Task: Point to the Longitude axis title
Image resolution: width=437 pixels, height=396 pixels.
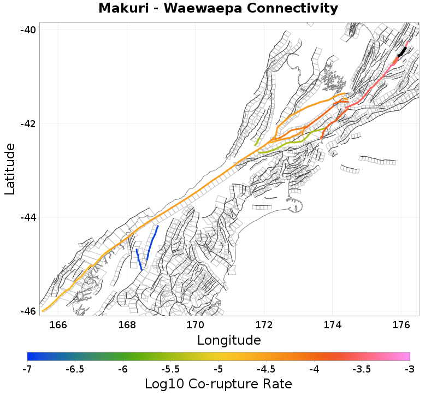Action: coord(229,340)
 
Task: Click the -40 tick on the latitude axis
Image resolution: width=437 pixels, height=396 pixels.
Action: coord(29,29)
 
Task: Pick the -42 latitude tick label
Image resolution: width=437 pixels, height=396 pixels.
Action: coord(29,123)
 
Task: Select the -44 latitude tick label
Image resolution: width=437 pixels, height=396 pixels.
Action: coord(29,217)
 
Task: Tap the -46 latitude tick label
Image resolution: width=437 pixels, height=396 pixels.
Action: coord(29,311)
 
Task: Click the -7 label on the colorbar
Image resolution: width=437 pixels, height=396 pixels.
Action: coord(27,369)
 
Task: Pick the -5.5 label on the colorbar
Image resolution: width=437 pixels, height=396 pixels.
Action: coord(170,369)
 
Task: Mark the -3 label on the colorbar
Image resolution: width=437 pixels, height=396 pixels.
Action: coord(409,369)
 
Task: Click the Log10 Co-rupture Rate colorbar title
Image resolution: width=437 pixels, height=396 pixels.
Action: coord(218,383)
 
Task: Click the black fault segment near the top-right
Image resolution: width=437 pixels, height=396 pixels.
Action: coord(403,51)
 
